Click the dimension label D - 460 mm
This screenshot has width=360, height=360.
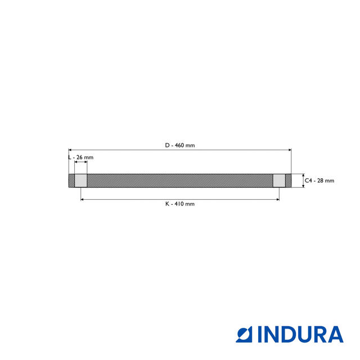(x=180, y=145)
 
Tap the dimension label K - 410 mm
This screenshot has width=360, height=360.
(x=180, y=204)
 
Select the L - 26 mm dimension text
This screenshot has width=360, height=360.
(x=80, y=157)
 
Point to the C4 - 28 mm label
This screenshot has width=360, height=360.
(x=319, y=181)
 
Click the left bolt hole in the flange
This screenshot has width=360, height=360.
(x=81, y=181)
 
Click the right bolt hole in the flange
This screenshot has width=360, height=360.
(x=279, y=181)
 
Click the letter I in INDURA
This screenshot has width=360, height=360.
(x=262, y=334)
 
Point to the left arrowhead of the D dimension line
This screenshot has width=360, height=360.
(x=70, y=150)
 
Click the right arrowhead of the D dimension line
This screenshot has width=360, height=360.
(x=290, y=150)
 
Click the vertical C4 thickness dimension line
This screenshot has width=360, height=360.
(x=303, y=181)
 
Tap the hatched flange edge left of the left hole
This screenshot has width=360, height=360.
(x=71, y=181)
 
